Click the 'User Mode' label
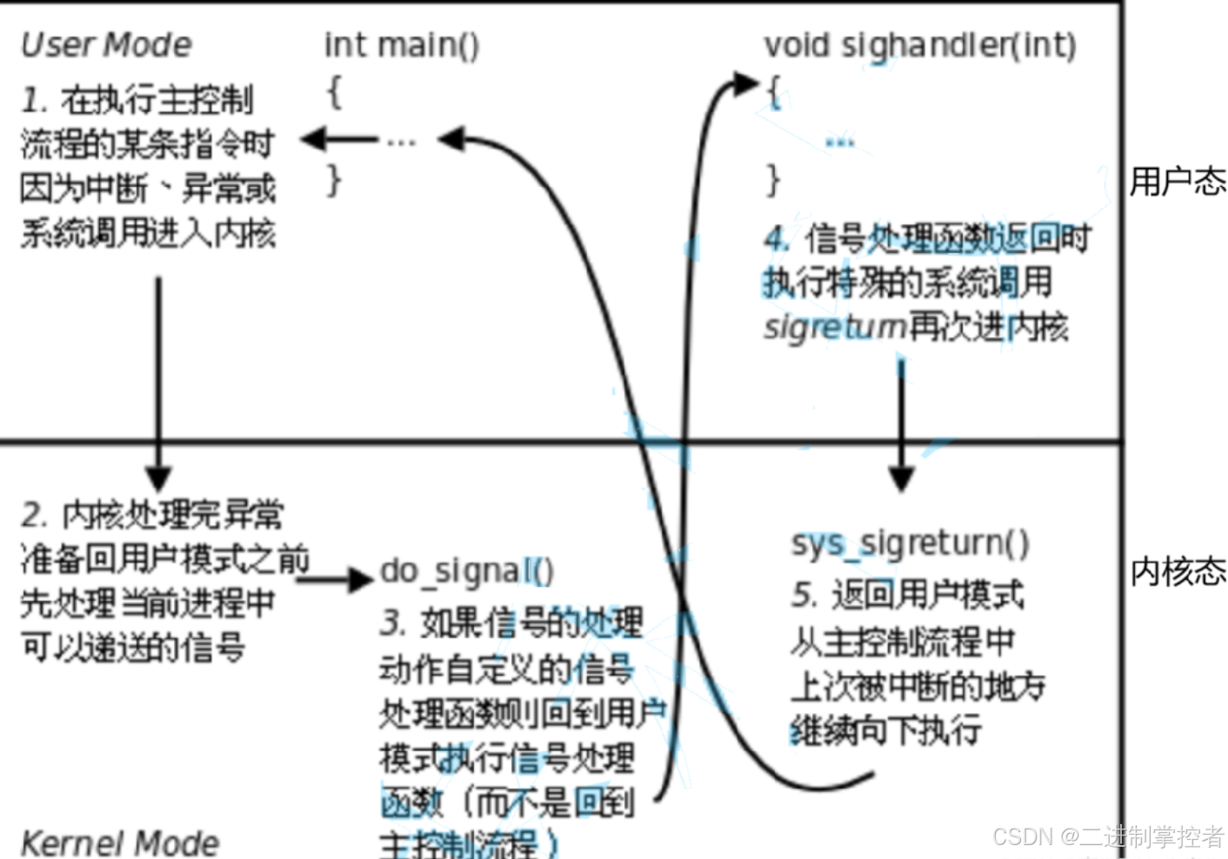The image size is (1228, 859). [x=106, y=44]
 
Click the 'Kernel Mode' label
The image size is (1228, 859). [x=120, y=842]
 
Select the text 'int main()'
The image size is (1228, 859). [x=401, y=44]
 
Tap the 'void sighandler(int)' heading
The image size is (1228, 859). [x=919, y=44]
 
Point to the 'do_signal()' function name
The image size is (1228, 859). [x=466, y=571]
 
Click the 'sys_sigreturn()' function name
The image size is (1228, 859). [x=910, y=543]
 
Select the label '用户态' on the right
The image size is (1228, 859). [x=1177, y=182]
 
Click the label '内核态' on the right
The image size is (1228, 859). [x=1177, y=571]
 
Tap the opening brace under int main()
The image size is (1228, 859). [x=334, y=90]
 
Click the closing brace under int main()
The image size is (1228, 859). [x=334, y=180]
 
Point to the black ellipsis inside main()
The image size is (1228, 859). [x=401, y=140]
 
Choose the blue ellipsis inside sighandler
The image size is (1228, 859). [x=839, y=142]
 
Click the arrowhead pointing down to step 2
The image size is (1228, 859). [x=158, y=477]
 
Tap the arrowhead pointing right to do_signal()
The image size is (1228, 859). [x=360, y=578]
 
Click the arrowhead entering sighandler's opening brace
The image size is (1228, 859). [x=745, y=84]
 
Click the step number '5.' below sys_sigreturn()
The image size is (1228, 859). [x=804, y=596]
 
